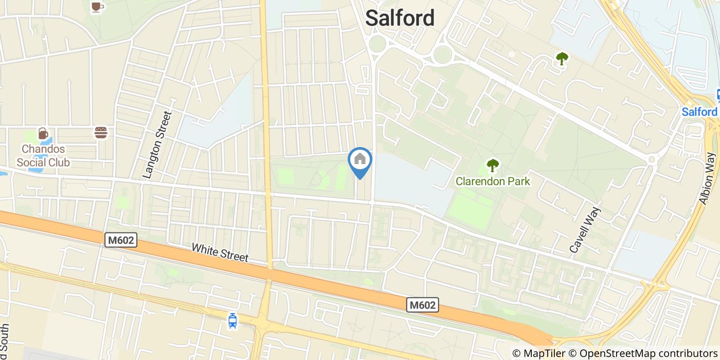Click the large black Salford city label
400,19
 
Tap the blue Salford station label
699,112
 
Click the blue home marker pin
360,161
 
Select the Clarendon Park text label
493,181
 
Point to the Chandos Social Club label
43,156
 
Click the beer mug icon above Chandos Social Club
43,134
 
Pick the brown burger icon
101,133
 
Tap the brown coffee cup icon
96,6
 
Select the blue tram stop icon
232,320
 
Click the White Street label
220,253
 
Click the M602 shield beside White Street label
121,240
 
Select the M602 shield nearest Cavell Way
423,305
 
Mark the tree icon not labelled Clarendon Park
562,59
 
